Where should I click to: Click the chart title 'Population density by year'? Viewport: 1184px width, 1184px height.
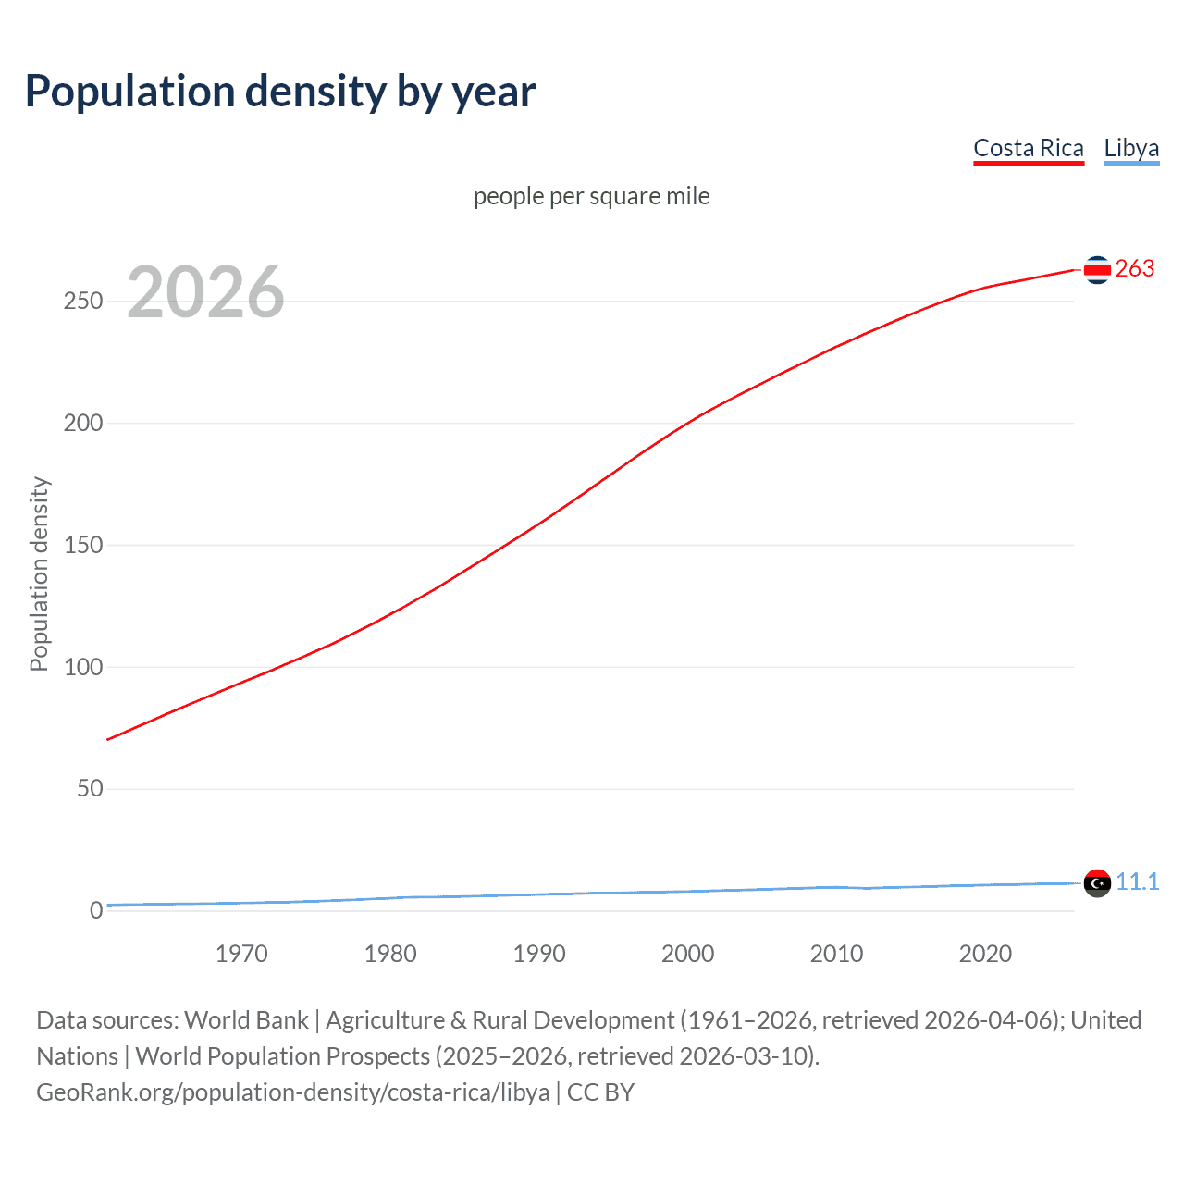(280, 91)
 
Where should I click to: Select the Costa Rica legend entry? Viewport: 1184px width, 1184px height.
(1028, 148)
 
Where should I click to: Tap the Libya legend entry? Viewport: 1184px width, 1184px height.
(1130, 148)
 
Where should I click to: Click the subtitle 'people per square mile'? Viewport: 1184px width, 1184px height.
(591, 196)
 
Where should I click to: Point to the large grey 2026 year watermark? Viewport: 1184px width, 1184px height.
(205, 292)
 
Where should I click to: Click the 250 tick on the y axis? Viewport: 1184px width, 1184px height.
(83, 302)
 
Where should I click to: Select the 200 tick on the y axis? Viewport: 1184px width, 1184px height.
(83, 424)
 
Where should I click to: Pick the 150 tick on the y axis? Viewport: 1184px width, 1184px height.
(83, 546)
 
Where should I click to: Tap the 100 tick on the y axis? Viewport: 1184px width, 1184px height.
(83, 667)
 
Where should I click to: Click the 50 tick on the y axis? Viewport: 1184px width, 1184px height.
(90, 789)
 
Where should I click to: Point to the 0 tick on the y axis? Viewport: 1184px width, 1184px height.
(96, 910)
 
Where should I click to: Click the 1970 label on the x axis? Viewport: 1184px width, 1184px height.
(241, 954)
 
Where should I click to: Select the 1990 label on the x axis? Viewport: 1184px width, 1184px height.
(539, 954)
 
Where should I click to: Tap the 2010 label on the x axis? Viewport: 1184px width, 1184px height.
(836, 954)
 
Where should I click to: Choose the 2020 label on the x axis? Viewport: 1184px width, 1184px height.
(985, 954)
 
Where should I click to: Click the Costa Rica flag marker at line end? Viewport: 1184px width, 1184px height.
(1097, 270)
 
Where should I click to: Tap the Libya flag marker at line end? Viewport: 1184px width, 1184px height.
(1097, 883)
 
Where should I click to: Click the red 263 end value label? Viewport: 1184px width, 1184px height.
(1135, 268)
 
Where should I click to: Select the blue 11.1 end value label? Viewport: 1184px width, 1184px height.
(1137, 882)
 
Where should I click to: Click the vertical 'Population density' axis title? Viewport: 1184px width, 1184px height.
(39, 573)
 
